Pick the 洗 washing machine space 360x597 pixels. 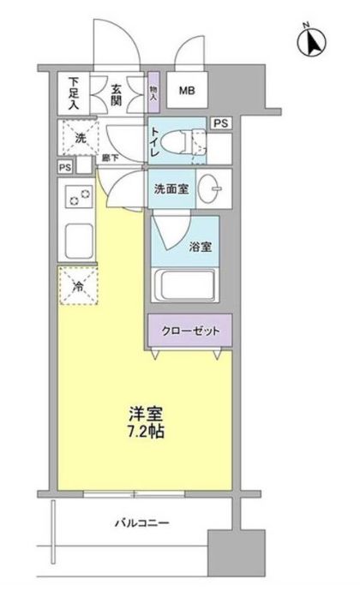(78, 135)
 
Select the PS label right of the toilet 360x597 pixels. (221, 122)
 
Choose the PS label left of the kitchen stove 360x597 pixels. (65, 168)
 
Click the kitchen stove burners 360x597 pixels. (78, 199)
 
